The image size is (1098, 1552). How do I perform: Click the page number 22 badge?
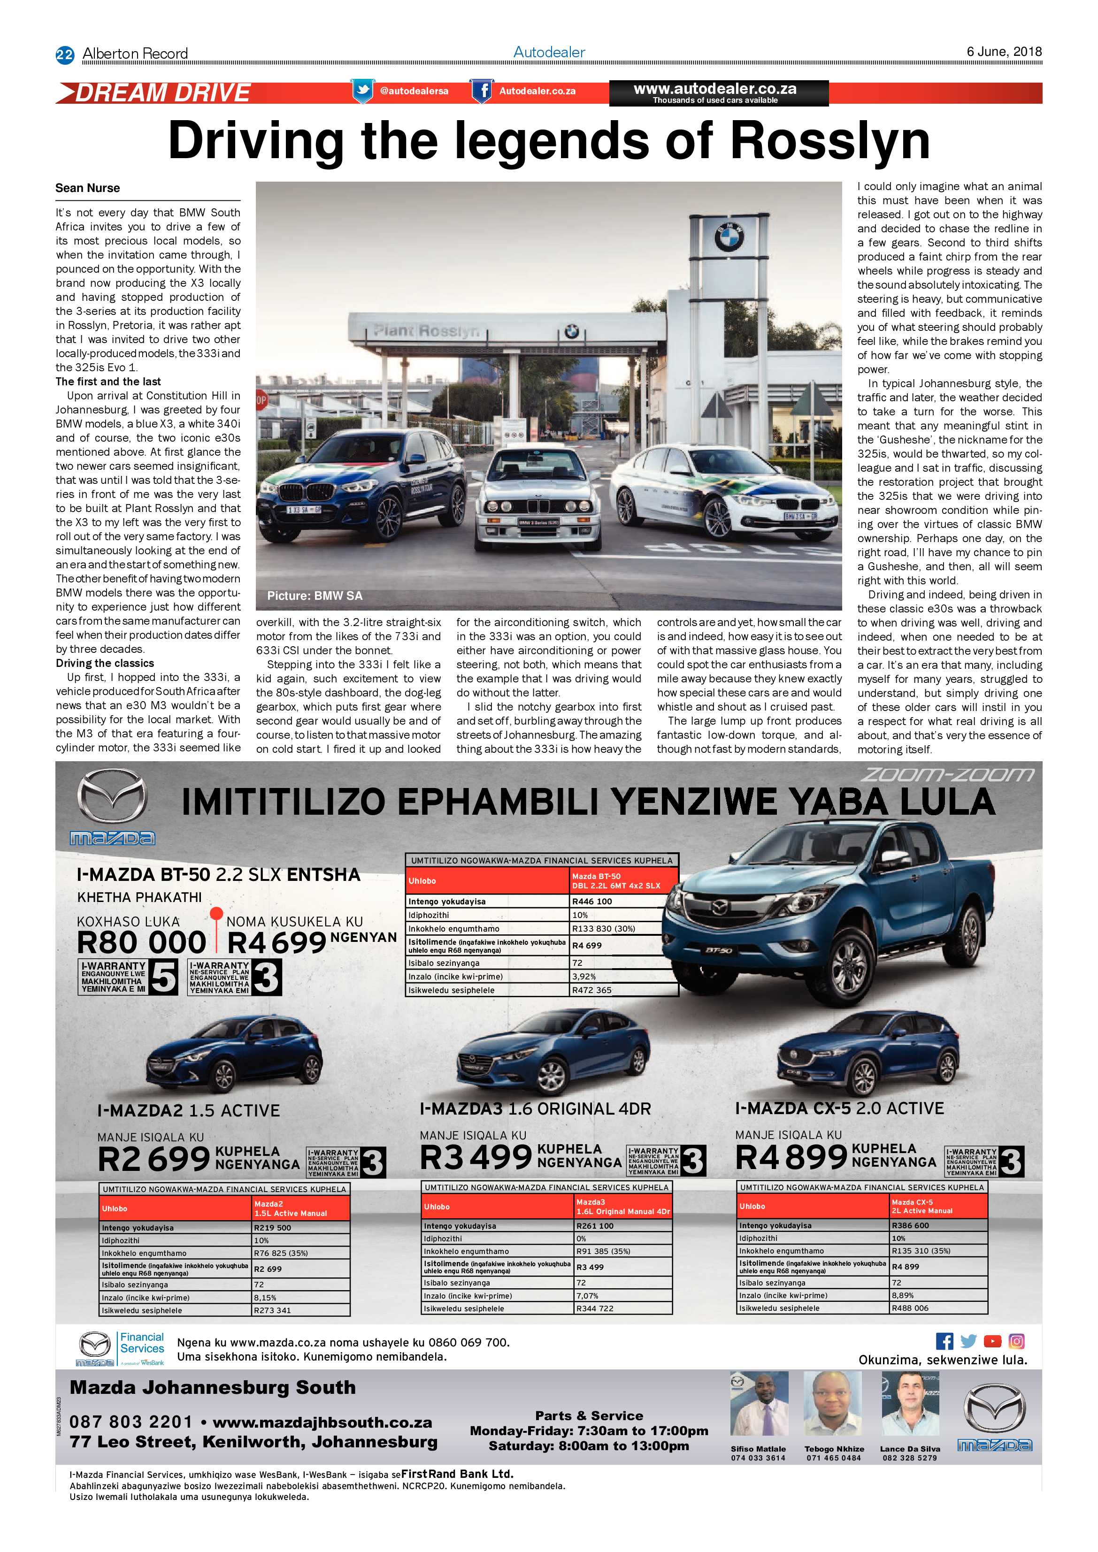(x=64, y=55)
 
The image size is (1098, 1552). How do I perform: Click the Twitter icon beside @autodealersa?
(x=362, y=91)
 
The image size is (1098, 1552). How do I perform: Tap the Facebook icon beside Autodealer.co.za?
(x=481, y=91)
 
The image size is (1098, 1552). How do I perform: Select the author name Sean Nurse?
(x=87, y=188)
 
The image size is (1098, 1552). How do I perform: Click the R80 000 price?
(x=141, y=942)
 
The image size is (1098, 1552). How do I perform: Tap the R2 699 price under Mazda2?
(x=154, y=1160)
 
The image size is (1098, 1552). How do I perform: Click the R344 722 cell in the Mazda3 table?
(x=594, y=1308)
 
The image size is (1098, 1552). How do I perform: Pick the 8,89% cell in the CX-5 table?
(x=903, y=1295)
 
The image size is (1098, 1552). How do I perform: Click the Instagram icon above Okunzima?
(x=1016, y=1341)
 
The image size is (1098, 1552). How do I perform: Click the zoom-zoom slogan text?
(x=946, y=775)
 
